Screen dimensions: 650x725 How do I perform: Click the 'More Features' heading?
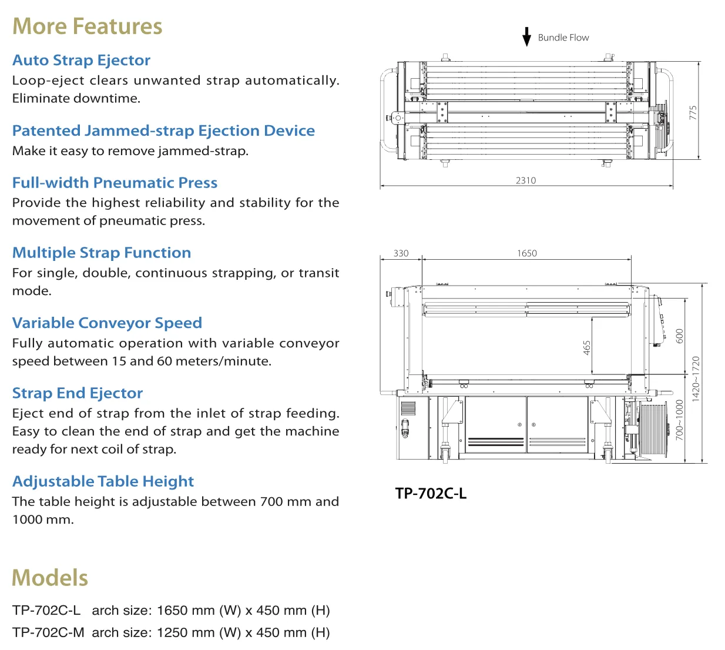tap(88, 27)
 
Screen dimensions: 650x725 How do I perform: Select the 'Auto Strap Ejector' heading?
tap(82, 61)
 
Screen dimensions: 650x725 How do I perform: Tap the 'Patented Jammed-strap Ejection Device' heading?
tap(163, 130)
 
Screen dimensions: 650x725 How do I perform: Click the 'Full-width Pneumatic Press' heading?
tap(115, 183)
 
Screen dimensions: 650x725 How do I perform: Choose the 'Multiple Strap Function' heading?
tap(102, 253)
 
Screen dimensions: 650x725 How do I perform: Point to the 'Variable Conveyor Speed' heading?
tap(107, 323)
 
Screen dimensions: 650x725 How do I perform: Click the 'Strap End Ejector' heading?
tap(78, 393)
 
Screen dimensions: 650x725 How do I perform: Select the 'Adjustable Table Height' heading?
tap(103, 481)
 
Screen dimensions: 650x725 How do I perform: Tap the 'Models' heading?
tap(50, 578)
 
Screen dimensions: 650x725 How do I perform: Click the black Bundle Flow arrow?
tap(527, 36)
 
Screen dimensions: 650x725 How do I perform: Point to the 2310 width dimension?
tap(526, 180)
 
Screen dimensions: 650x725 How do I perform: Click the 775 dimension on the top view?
tap(693, 113)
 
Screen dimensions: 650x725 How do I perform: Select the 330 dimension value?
tap(401, 253)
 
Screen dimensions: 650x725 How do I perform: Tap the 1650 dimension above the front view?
tap(527, 253)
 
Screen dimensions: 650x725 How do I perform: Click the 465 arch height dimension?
tap(587, 347)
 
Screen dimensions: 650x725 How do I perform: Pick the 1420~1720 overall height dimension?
tap(696, 379)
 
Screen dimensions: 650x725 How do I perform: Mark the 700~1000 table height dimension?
tap(680, 420)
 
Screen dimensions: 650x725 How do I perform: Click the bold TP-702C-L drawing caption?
tap(431, 494)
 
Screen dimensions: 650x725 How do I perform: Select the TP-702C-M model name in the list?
tap(48, 633)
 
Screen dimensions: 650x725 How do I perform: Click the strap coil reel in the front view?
tap(652, 428)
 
